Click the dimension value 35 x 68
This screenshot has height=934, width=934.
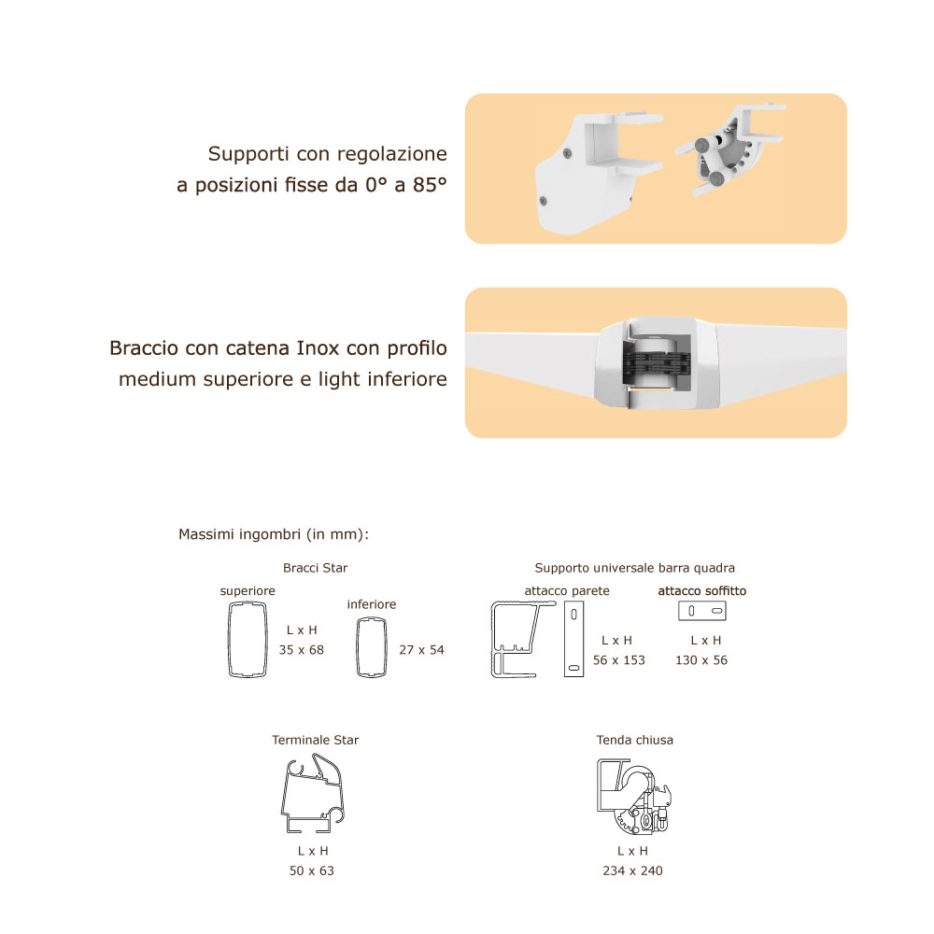click(302, 650)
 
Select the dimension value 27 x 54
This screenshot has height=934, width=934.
click(422, 650)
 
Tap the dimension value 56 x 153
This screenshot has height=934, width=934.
click(619, 660)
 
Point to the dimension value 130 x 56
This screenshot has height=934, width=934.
click(701, 660)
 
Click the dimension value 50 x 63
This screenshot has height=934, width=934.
click(312, 870)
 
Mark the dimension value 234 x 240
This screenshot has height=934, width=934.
click(632, 870)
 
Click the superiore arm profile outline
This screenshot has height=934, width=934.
click(229, 640)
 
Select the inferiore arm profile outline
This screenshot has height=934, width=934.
click(358, 647)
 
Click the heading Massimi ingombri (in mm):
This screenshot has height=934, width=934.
click(274, 534)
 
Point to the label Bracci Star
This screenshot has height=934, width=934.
click(315, 568)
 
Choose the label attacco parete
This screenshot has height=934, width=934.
click(567, 591)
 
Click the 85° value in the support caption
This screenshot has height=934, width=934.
click(430, 185)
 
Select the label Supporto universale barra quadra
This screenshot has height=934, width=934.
click(635, 568)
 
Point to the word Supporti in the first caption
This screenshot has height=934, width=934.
click(248, 154)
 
